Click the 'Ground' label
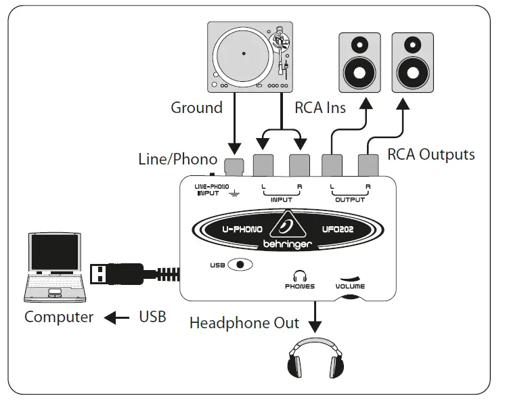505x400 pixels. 196,108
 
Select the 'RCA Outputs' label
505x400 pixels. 431,154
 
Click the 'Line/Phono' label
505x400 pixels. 177,160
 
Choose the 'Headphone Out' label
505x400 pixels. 244,323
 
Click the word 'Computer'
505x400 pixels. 59,317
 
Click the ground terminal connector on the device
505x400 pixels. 235,166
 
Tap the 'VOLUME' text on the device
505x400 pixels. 349,286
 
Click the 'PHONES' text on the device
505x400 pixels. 299,286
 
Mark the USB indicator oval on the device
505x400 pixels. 240,265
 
